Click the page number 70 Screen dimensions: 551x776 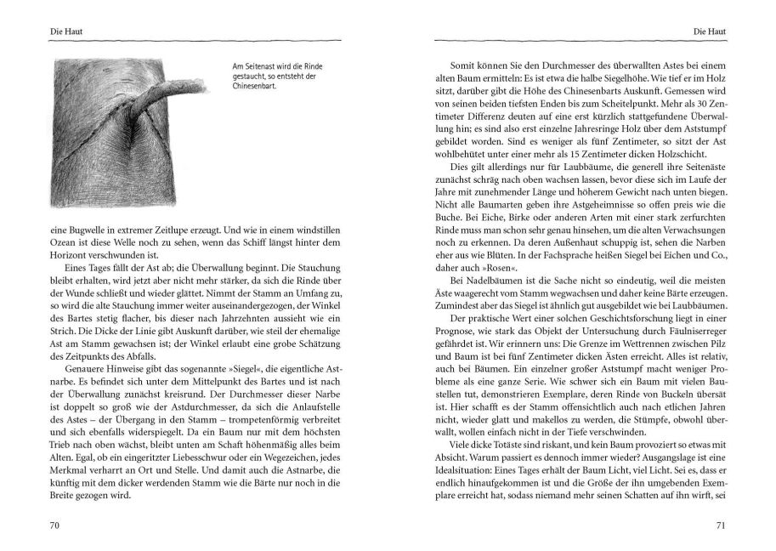[x=53, y=525]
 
